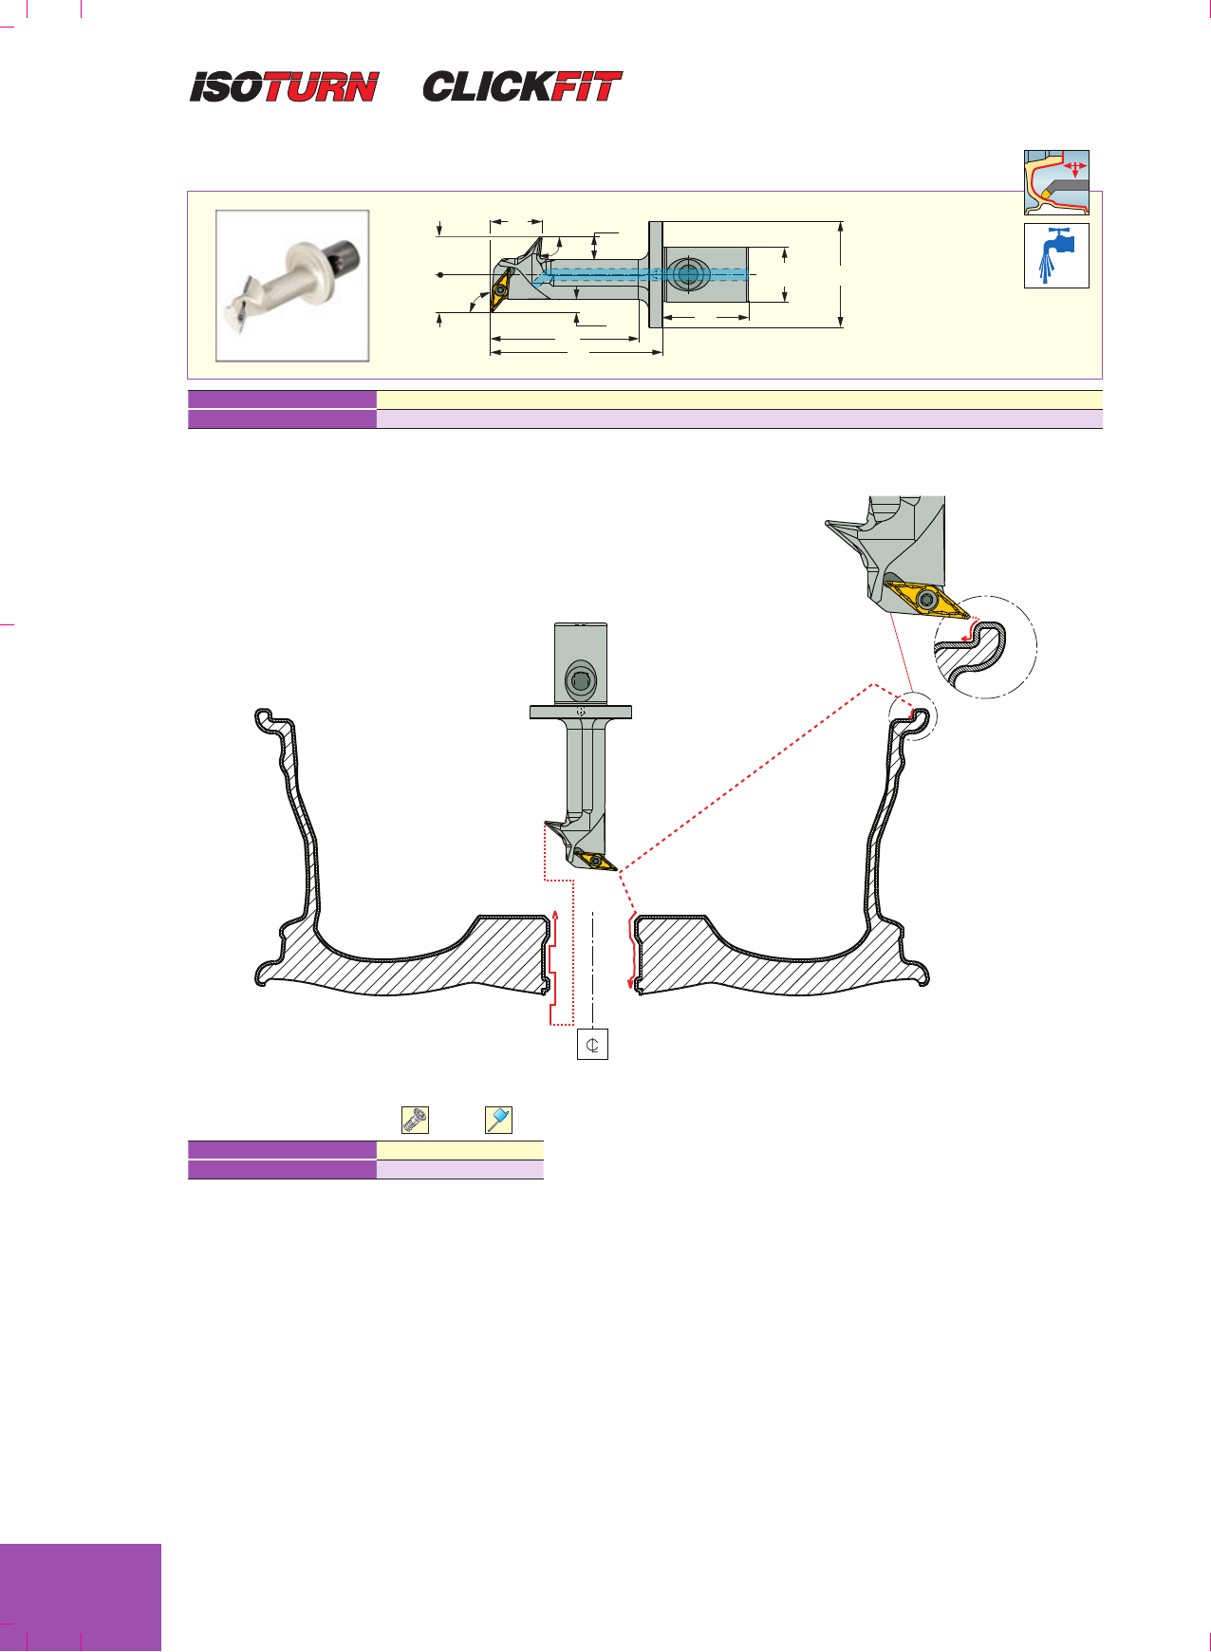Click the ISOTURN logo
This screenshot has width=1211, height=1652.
[284, 86]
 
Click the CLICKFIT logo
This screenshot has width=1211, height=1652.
[522, 86]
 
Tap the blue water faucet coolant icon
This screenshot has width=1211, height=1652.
[1056, 255]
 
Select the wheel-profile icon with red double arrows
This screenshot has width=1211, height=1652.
[1056, 182]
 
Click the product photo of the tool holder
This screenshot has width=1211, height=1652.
[292, 286]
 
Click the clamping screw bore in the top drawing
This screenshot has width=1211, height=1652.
[688, 275]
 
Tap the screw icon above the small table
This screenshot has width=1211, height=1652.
[415, 1120]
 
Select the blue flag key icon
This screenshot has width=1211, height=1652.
[498, 1120]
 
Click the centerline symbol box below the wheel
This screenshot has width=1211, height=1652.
[592, 1045]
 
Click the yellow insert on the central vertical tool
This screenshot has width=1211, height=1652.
[596, 861]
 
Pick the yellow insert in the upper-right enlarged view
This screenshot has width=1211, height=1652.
[928, 600]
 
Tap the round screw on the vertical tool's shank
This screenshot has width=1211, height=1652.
[580, 681]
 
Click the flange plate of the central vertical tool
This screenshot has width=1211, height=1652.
[581, 712]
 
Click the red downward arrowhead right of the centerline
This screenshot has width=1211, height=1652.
[631, 983]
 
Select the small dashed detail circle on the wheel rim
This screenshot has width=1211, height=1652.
[912, 716]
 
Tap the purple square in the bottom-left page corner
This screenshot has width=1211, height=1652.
[81, 1598]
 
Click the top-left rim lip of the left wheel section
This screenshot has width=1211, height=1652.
[265, 720]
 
